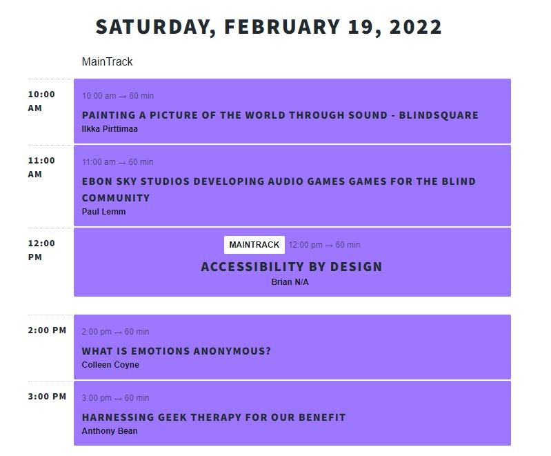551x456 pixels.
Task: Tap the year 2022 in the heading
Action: [x=415, y=27]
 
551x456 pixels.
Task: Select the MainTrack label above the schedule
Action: [x=107, y=61]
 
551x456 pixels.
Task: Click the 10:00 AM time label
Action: [x=41, y=101]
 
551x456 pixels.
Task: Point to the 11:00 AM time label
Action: [x=41, y=167]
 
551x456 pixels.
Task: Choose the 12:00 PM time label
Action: [x=41, y=250]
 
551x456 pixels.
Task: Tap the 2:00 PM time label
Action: [x=47, y=330]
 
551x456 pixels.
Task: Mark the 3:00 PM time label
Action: [x=47, y=396]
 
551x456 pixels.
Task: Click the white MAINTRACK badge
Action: [x=254, y=245]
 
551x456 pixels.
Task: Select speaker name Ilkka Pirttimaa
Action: [x=110, y=129]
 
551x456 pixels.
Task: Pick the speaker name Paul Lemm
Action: [x=103, y=212]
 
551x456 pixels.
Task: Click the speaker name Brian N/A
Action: [x=290, y=282]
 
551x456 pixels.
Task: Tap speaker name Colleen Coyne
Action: [x=110, y=365]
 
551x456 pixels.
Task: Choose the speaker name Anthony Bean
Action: [x=110, y=431]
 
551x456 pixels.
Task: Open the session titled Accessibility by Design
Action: [x=291, y=267]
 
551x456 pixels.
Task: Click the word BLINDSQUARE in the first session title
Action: [x=439, y=115]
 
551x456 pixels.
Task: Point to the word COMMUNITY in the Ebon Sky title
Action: [x=116, y=198]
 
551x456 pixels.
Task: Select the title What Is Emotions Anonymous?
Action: [x=177, y=351]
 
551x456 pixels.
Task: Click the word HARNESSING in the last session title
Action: [x=117, y=417]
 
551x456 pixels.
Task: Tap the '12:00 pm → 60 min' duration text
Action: [x=324, y=245]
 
